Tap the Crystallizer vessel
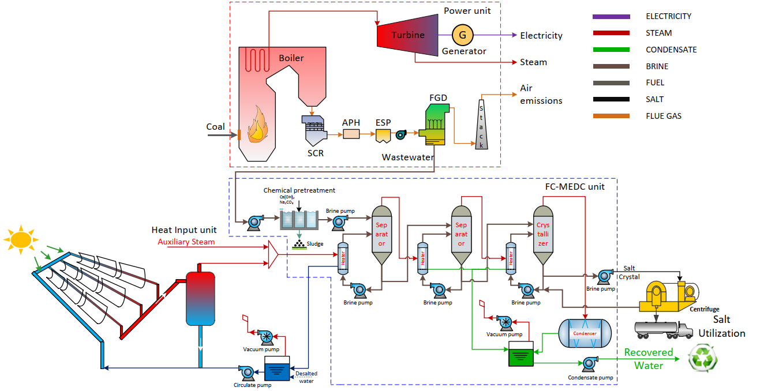pyautogui.click(x=543, y=234)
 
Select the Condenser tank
pyautogui.click(x=585, y=333)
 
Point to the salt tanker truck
pyautogui.click(x=662, y=329)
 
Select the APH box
pyautogui.click(x=351, y=134)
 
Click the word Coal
pyautogui.click(x=215, y=127)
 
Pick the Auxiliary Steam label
pyautogui.click(x=186, y=242)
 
